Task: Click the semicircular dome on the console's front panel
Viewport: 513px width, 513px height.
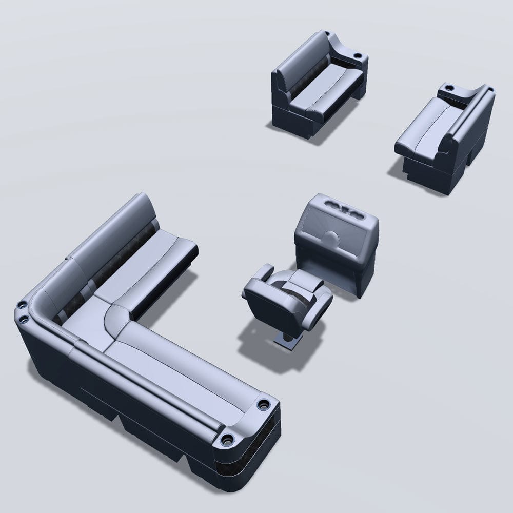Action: coord(332,237)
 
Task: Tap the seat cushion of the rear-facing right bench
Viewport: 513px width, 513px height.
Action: coord(426,131)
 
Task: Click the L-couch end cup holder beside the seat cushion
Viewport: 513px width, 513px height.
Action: coord(264,404)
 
